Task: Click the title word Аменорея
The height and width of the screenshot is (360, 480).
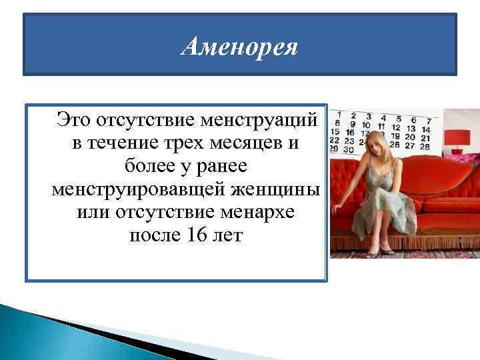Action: (x=240, y=48)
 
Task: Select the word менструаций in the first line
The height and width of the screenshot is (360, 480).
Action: (x=263, y=121)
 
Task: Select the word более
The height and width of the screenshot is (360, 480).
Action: (x=146, y=167)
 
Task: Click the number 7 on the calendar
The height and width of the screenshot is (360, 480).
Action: (x=429, y=121)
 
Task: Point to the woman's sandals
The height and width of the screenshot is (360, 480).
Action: (x=380, y=251)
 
